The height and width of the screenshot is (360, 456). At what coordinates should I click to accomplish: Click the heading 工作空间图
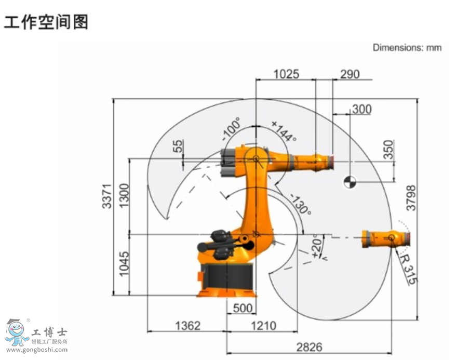46,22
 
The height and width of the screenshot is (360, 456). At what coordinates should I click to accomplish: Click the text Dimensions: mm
407,48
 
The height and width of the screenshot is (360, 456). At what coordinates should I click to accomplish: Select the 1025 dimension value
286,74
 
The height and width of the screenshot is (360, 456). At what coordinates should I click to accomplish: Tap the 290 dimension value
350,74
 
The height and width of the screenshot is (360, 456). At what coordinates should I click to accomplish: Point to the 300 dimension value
361,109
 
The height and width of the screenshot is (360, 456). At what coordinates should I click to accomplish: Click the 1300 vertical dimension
124,195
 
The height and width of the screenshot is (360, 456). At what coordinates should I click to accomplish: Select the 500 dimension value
242,308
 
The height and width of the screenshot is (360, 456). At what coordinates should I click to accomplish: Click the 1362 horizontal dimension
187,326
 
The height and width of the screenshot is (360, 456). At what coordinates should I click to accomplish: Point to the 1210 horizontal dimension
263,326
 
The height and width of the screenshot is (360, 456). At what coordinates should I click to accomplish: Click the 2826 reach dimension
309,346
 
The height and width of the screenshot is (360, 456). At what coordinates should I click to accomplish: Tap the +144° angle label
284,131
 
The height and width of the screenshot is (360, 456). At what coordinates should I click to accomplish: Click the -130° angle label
300,205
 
